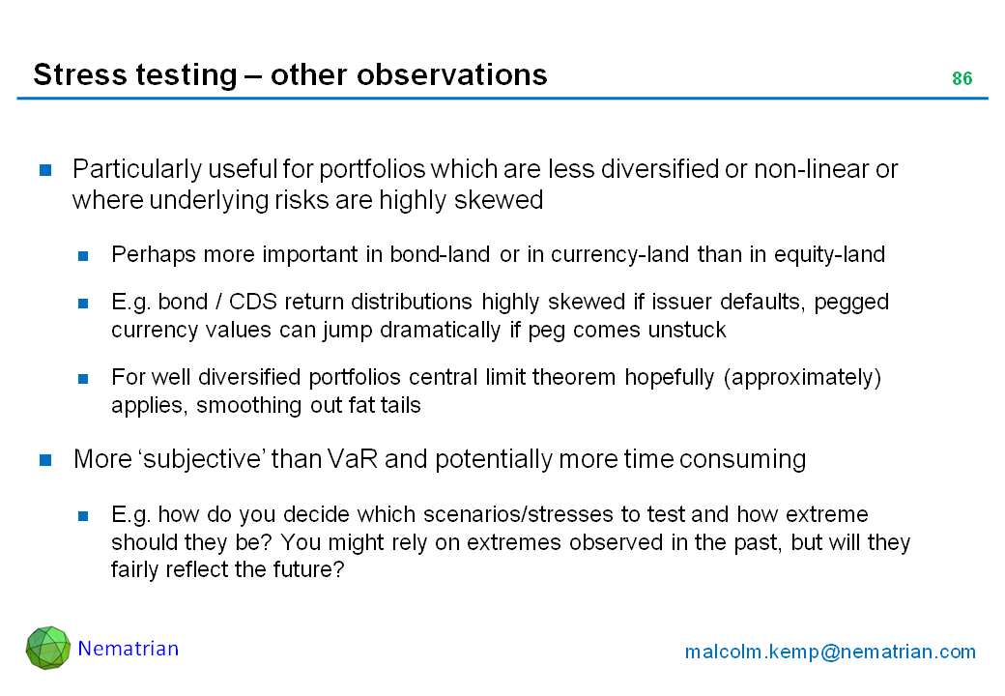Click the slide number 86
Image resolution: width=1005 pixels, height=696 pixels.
click(962, 78)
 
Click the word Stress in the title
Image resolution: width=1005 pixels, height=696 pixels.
click(72, 74)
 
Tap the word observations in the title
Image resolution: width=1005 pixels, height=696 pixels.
click(452, 74)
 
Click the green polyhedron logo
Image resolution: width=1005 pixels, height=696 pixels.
click(48, 648)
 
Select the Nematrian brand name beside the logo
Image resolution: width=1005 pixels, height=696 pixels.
click(129, 649)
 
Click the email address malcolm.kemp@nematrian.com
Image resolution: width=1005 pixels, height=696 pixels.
click(830, 652)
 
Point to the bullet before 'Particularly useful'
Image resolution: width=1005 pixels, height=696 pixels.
click(45, 170)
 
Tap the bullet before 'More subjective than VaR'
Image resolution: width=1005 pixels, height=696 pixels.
click(45, 459)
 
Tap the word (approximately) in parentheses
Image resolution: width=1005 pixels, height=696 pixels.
click(802, 377)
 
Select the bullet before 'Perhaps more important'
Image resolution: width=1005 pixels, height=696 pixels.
click(83, 256)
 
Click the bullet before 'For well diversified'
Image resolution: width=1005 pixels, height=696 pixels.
click(83, 379)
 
